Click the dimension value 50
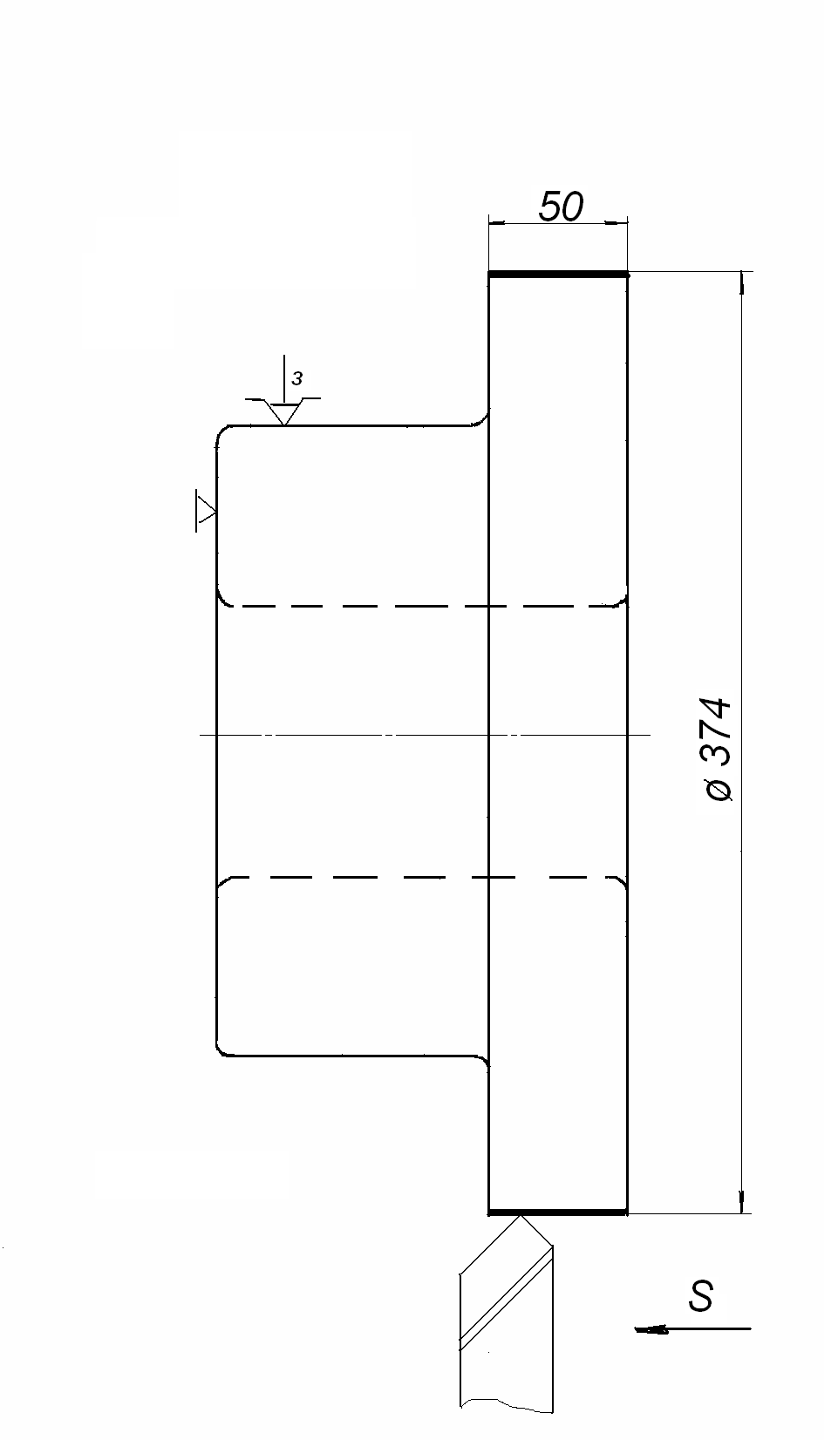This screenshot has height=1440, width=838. (x=560, y=207)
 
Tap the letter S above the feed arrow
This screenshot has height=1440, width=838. (x=700, y=1296)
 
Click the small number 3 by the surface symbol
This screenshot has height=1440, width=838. (x=297, y=379)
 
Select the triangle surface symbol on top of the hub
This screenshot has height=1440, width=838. (x=283, y=411)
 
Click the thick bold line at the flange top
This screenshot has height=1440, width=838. (x=558, y=275)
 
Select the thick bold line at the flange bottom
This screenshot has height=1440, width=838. (x=558, y=1212)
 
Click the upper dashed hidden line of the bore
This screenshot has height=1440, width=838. (x=419, y=605)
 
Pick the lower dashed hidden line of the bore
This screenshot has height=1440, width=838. (x=419, y=877)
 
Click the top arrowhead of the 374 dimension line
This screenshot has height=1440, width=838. (x=741, y=282)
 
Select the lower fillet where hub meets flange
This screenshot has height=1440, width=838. (x=482, y=1061)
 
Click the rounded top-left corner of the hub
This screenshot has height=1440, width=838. (x=221, y=431)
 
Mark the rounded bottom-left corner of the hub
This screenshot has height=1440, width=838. (x=221, y=1050)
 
